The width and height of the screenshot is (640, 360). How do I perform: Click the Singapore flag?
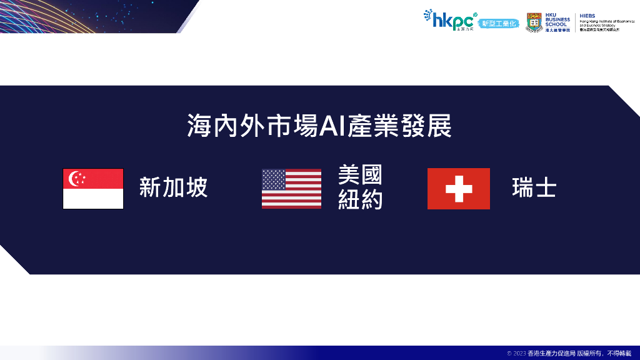click(x=93, y=189)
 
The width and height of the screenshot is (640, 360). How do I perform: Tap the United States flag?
click(x=291, y=188)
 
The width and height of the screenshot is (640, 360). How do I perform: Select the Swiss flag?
click(x=458, y=188)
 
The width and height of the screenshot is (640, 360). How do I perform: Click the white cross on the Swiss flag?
click(x=458, y=188)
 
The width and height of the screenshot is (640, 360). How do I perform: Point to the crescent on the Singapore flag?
click(x=73, y=178)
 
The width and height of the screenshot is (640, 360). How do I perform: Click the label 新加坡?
click(x=173, y=187)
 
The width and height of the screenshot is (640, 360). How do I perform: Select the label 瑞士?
click(x=534, y=187)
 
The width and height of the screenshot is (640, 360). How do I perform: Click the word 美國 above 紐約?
click(x=360, y=175)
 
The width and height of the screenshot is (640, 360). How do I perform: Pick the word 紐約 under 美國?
click(x=360, y=199)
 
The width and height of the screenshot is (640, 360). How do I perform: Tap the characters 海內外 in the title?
click(x=221, y=126)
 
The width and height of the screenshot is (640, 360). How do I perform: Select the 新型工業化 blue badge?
click(x=502, y=23)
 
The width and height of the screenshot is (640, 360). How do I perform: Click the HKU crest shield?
click(x=534, y=21)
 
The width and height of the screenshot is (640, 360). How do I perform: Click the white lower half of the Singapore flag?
click(x=93, y=199)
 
